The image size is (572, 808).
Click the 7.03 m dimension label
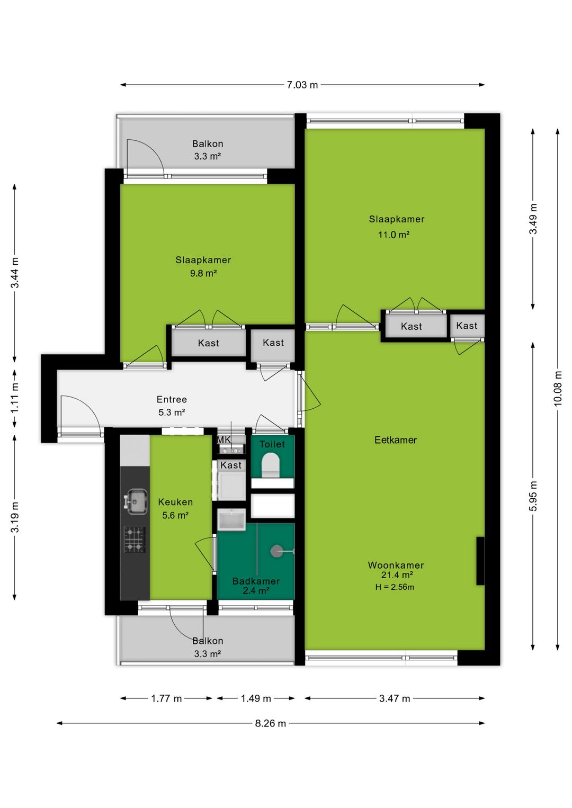[x=302, y=85]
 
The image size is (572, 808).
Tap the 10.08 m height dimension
[x=558, y=389]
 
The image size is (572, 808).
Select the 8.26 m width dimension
[x=270, y=723]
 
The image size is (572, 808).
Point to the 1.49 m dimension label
[x=256, y=698]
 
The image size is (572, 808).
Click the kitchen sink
[x=136, y=501]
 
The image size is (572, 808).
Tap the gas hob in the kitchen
[x=135, y=539]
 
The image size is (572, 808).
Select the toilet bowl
[x=271, y=464]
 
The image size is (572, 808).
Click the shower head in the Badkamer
[x=276, y=551]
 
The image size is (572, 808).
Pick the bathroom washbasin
[x=231, y=519]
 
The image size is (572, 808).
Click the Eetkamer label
[x=395, y=440]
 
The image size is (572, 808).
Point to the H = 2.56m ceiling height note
[x=395, y=587]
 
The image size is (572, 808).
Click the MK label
[x=224, y=439]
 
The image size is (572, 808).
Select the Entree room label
[x=172, y=400]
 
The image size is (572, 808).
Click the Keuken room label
[x=175, y=502]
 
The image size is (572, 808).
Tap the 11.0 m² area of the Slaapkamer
[x=394, y=235]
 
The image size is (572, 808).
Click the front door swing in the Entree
[x=79, y=413]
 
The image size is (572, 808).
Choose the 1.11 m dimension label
[x=15, y=398]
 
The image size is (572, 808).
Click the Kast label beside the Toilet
[x=231, y=465]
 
